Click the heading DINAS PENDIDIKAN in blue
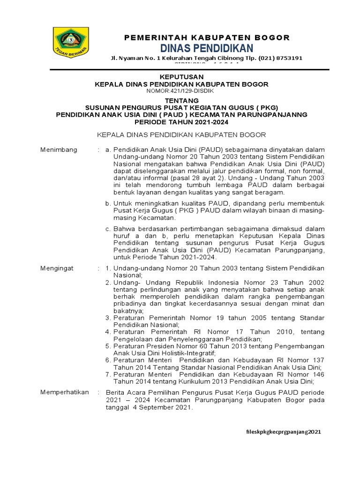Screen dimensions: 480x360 [x=207, y=48]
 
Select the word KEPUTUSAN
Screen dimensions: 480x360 [x=180, y=77]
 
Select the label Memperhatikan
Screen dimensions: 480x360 [x=64, y=392]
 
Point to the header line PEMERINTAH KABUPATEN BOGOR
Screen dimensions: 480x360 [x=207, y=37]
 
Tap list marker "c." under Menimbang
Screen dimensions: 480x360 [x=107, y=229]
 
